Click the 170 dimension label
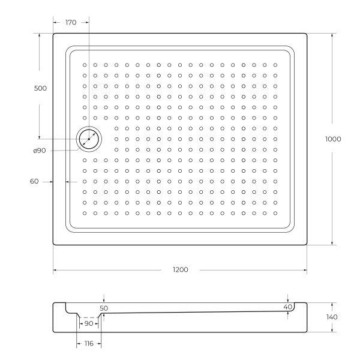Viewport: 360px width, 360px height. (70, 23)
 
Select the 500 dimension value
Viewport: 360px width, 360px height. (40, 88)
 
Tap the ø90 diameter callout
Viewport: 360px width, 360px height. (40, 150)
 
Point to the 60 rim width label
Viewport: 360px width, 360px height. (34, 181)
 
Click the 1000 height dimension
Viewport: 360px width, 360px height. (333, 139)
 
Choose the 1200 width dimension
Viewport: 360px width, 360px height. (180, 270)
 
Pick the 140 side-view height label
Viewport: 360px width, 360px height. (332, 317)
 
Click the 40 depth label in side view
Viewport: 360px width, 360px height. (288, 307)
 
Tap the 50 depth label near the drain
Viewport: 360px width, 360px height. (104, 308)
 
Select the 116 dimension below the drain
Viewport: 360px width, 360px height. (89, 344)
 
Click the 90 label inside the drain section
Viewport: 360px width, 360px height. (88, 324)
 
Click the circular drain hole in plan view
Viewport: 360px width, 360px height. (89, 139)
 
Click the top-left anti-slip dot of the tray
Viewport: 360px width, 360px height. (85, 65)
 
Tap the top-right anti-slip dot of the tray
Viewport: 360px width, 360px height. (275, 65)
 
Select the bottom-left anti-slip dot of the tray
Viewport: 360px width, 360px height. (85, 213)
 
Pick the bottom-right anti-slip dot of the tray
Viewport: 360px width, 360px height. (275, 213)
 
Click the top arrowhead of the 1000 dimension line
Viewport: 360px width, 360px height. (332, 35)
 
